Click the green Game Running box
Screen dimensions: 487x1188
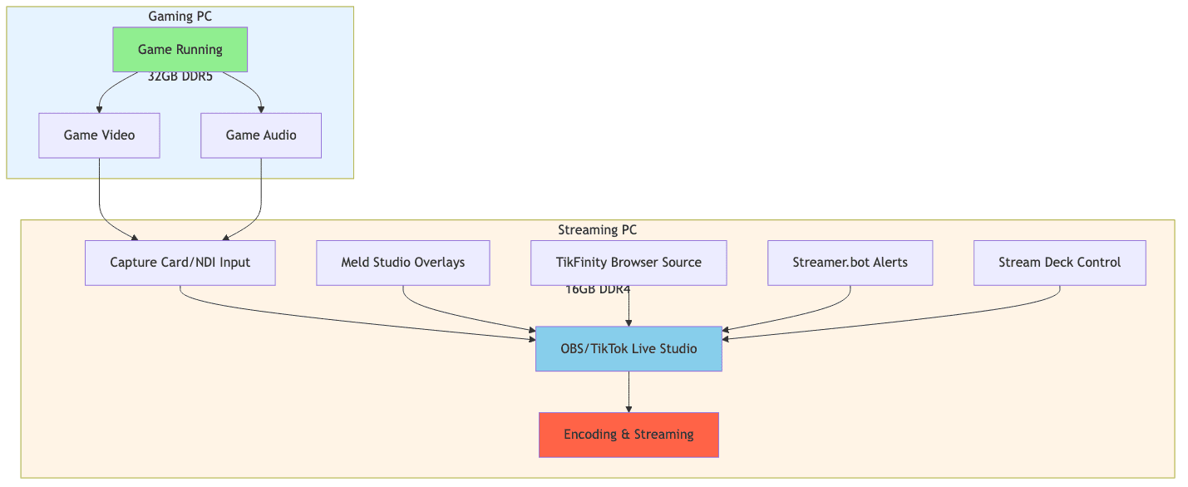180,49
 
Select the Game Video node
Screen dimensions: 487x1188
99,135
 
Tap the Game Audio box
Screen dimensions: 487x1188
261,135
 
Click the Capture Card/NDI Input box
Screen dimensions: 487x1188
180,263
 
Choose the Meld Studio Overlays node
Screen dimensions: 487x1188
402,263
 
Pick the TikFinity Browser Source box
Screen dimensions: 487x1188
629,263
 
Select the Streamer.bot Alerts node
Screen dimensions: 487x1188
850,263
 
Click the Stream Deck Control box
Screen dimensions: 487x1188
1059,263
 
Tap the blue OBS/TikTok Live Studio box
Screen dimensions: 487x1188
629,348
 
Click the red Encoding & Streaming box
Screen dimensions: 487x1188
629,435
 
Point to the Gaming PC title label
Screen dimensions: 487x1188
180,17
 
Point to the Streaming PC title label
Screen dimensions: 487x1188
597,230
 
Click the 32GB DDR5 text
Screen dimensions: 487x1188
180,77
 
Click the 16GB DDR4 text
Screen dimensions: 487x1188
598,290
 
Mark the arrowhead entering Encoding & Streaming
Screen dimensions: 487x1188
629,408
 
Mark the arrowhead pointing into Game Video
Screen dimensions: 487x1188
100,109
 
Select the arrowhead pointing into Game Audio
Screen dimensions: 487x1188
261,109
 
